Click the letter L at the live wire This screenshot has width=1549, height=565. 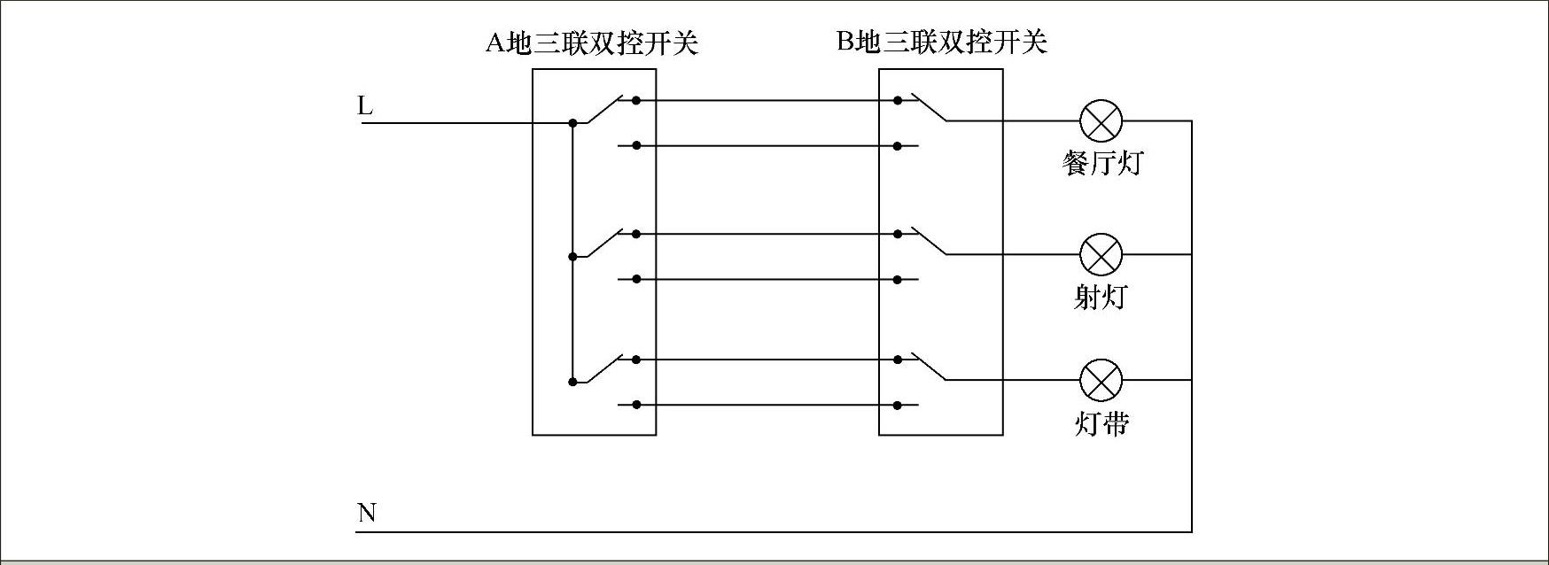(x=365, y=106)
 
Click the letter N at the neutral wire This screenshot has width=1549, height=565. (x=366, y=513)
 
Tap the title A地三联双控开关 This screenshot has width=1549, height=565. (x=592, y=43)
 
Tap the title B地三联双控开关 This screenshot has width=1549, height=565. (x=942, y=42)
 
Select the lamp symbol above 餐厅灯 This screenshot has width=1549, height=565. (x=1101, y=121)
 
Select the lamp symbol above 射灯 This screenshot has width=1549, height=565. (x=1101, y=255)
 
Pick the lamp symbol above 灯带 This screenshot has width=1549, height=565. (x=1101, y=381)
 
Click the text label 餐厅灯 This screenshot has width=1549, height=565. (x=1102, y=163)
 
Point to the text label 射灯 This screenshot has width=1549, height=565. (x=1101, y=297)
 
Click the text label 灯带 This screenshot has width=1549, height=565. (x=1101, y=423)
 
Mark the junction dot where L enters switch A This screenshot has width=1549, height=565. (x=572, y=122)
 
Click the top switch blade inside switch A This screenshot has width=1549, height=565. (x=600, y=110)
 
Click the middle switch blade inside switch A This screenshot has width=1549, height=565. (x=600, y=244)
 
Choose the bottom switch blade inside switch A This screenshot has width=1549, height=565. (x=600, y=369)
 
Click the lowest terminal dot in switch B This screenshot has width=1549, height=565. (x=898, y=406)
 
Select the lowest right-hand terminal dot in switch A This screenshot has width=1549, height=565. (x=636, y=406)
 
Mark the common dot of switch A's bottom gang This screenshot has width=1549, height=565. (x=572, y=382)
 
